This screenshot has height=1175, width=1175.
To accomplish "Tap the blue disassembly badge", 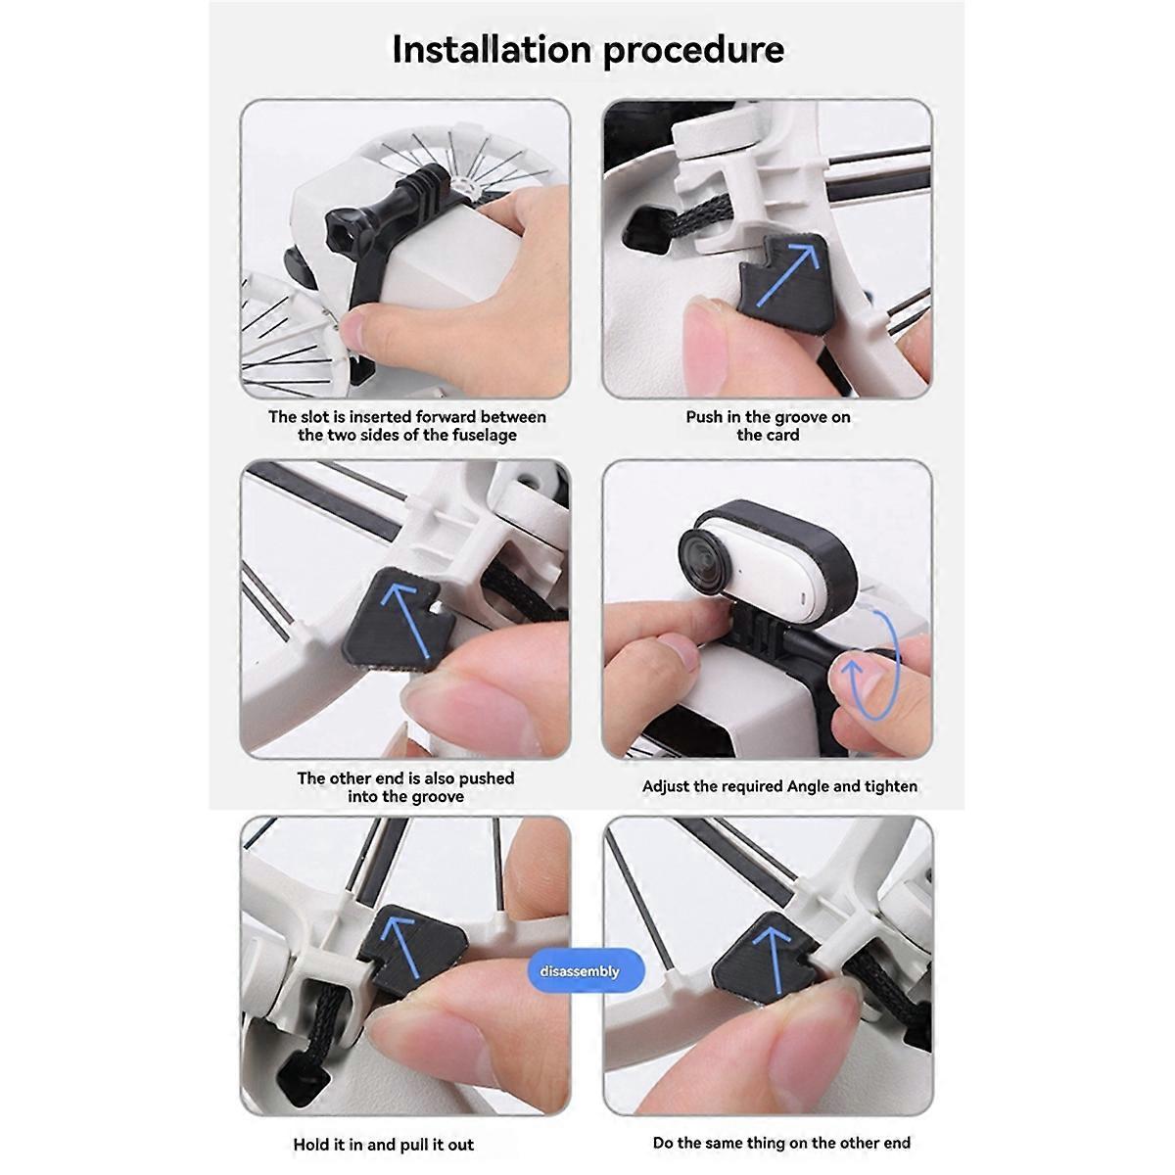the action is (580, 970).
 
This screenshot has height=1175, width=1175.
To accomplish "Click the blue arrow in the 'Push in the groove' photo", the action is (787, 274).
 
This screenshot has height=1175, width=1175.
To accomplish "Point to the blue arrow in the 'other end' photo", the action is (406, 620).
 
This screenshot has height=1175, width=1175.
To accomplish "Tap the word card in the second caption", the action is (783, 435).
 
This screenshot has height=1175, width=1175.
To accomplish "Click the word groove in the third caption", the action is (434, 796).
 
